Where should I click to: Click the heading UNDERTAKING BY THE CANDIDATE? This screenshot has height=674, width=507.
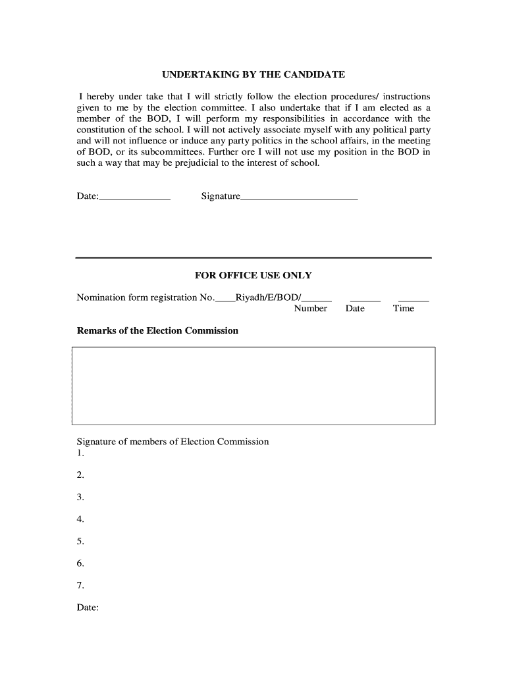click(x=254, y=75)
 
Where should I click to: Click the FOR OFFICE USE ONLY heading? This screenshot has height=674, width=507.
click(x=254, y=275)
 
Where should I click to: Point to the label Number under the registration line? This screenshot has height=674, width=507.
click(x=310, y=309)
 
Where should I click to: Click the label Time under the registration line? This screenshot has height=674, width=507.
click(x=404, y=309)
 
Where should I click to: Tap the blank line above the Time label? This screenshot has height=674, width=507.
click(x=414, y=299)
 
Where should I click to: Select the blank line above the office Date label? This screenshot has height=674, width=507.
click(x=365, y=299)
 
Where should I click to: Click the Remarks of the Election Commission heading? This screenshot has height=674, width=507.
click(x=157, y=330)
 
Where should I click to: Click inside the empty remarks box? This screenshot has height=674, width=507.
click(x=254, y=386)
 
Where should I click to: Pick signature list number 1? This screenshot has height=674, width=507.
click(x=80, y=454)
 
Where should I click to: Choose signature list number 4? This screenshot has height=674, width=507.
click(x=80, y=519)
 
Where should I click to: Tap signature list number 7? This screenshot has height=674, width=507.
click(x=80, y=585)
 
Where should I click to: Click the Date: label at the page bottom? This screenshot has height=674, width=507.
click(x=88, y=608)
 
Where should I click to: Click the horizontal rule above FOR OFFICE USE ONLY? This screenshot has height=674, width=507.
click(x=254, y=257)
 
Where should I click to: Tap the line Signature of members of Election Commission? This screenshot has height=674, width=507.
click(x=173, y=442)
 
